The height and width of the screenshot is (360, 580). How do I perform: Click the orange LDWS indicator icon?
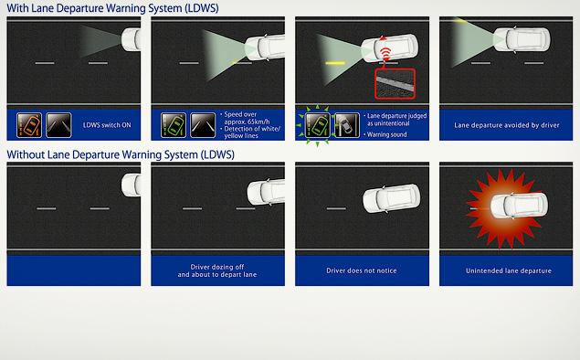pos(29,125)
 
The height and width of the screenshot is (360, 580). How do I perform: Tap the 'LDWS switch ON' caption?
pos(107,125)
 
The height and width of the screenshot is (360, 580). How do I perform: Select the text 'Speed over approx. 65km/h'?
pos(247,118)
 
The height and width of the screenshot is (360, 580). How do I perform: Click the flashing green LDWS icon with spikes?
pos(317,125)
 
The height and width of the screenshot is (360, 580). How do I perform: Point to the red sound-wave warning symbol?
pos(385,55)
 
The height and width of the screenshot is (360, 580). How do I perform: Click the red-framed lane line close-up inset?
pos(395,84)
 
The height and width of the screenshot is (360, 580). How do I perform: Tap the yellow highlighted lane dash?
pos(335,63)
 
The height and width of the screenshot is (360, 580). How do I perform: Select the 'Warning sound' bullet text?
pos(386,134)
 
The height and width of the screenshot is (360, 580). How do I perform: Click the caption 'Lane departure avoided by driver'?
pos(507,125)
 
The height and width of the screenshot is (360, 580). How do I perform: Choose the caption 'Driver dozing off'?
pos(217,267)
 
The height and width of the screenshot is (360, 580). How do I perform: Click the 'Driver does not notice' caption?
pos(362,270)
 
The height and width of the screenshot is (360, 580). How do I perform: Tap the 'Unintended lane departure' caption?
pos(509,270)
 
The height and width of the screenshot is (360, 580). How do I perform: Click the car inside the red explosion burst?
pos(520,206)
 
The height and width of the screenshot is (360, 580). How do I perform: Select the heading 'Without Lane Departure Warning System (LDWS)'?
pos(121,154)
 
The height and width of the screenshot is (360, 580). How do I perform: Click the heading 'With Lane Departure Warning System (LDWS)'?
pos(112,8)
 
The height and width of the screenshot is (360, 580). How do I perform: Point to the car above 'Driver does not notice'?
pos(391,198)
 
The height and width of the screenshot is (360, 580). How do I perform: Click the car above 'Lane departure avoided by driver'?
pos(522,39)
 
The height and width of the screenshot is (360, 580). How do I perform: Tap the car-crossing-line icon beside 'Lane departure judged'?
pos(347,125)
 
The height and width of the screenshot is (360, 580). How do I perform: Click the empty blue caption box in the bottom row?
pos(74,270)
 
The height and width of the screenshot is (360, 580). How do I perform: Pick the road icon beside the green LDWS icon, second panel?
pos(203,125)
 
